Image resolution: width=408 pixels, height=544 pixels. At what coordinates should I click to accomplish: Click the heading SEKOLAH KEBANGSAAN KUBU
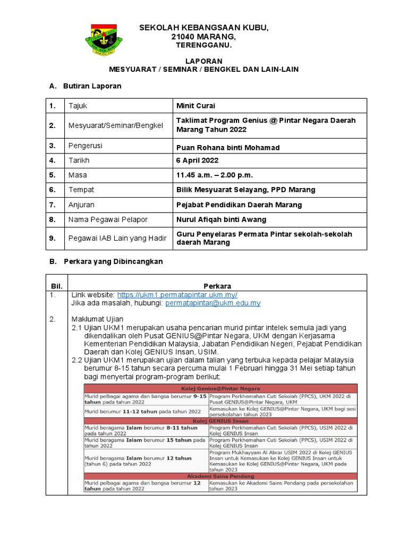click(204, 28)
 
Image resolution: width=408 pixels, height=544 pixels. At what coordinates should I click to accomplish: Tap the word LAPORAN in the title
click(203, 62)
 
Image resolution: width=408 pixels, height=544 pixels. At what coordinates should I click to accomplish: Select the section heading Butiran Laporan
click(92, 86)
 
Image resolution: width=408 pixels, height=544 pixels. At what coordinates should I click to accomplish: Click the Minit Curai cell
click(195, 106)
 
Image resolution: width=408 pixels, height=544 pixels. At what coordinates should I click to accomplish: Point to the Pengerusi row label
click(86, 146)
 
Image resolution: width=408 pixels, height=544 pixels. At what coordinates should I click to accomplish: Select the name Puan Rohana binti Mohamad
click(227, 147)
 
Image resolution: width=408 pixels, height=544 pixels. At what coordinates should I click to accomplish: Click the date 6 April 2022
click(197, 160)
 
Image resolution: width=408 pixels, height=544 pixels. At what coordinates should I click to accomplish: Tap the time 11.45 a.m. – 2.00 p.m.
click(215, 175)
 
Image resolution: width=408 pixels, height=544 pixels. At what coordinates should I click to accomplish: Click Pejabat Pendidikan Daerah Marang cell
click(239, 205)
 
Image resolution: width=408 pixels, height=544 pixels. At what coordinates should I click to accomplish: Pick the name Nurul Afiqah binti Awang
click(221, 219)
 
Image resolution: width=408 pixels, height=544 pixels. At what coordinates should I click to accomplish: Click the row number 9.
click(53, 238)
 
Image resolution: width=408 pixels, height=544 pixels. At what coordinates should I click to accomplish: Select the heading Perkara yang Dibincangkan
click(113, 261)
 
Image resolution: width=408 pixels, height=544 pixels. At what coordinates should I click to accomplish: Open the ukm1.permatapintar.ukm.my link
click(177, 294)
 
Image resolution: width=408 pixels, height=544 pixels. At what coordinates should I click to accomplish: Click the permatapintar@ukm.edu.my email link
click(212, 303)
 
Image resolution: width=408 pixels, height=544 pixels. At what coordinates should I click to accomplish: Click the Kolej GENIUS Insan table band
click(220, 421)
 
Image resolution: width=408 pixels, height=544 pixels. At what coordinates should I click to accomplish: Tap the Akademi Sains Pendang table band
click(220, 476)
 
